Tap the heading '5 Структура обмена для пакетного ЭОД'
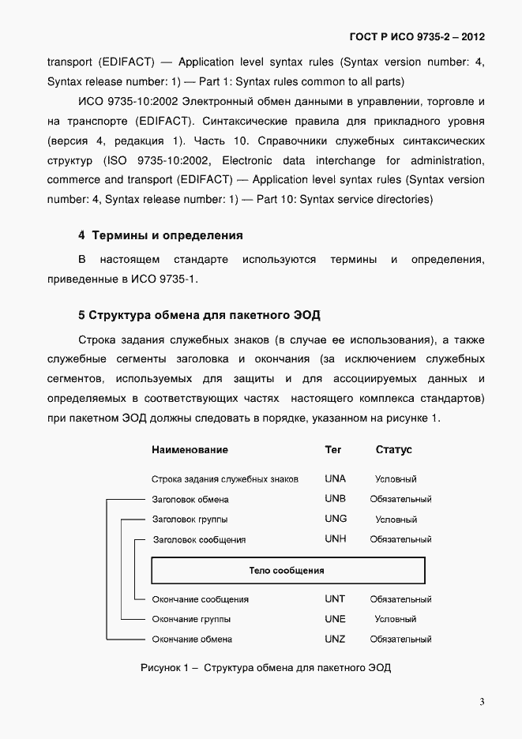(199, 316)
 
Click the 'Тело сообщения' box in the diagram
(287, 570)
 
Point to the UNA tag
(336, 479)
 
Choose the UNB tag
(336, 499)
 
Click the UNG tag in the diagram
(336, 520)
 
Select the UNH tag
(336, 539)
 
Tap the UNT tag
(335, 599)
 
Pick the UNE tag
(335, 619)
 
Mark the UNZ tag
(335, 639)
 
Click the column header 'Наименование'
(190, 450)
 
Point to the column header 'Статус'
(394, 450)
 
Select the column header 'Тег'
(333, 450)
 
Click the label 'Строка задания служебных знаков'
(225, 479)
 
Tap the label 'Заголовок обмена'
(190, 500)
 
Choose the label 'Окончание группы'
(191, 620)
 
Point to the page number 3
(482, 702)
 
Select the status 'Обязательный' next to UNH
(400, 540)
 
